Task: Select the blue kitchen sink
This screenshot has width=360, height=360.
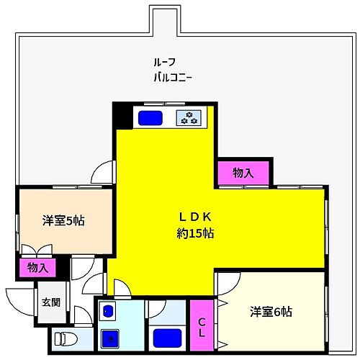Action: click(150, 117)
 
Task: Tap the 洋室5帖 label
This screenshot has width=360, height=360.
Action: click(63, 221)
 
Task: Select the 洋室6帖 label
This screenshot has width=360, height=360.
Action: click(271, 312)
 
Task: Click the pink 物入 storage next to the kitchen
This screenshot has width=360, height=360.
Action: click(242, 173)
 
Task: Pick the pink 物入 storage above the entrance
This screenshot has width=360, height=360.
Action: click(37, 268)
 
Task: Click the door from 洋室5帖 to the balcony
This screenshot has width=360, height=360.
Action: click(104, 174)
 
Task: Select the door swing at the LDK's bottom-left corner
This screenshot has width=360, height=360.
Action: click(117, 287)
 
